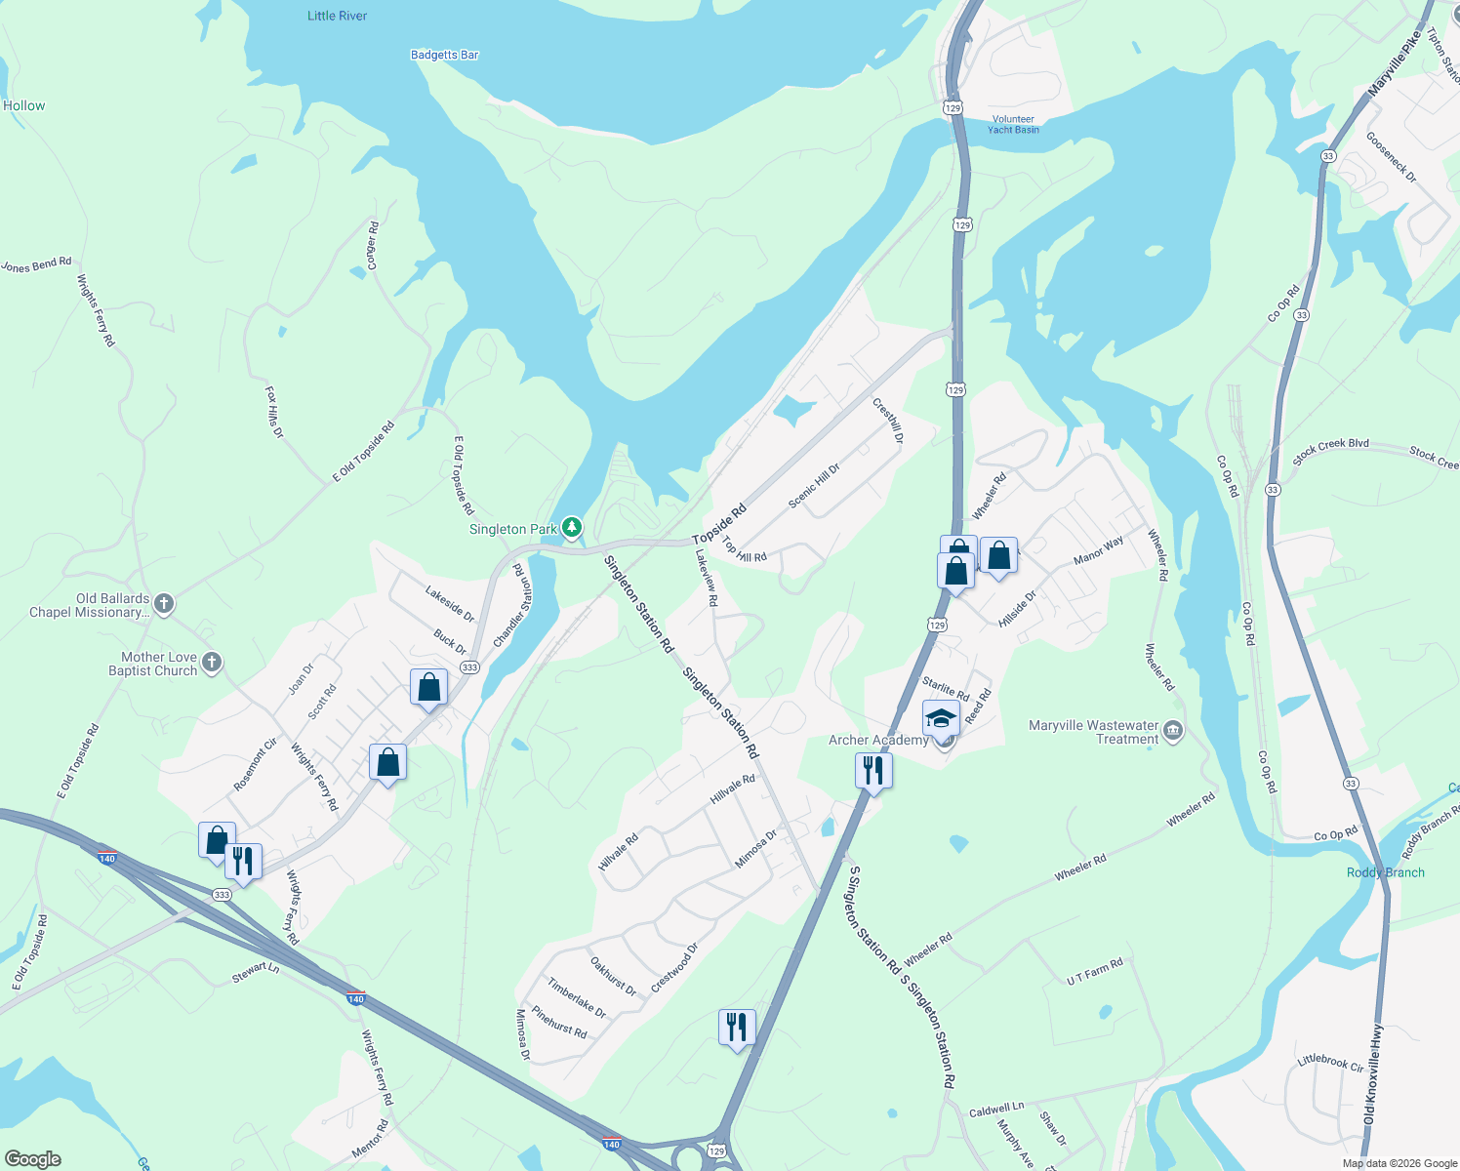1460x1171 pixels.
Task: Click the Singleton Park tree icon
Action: coord(572,528)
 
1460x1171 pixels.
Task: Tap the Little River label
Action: coord(337,16)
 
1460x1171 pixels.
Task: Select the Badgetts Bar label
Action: coord(444,55)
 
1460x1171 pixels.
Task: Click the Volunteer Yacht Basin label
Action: coord(1013,124)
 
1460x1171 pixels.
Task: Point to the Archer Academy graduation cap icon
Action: coord(940,719)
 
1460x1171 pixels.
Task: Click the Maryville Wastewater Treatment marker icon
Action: coord(1173,731)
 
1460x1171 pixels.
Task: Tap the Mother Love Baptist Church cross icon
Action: coord(211,664)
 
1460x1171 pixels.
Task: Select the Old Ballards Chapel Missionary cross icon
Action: coord(164,604)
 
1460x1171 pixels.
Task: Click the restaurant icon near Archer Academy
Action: coord(873,771)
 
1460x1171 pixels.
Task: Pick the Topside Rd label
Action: coord(719,524)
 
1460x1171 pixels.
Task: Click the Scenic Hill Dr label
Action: coord(814,485)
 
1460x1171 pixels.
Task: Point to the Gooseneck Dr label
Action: coord(1391,156)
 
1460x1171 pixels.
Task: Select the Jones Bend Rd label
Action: coord(36,264)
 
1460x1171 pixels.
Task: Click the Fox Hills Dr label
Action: coord(273,412)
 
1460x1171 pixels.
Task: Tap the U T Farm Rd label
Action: coord(1094,971)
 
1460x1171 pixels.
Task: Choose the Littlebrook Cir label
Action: coord(1330,1062)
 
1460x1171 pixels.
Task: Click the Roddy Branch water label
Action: coord(1385,872)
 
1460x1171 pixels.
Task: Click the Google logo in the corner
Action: coord(32,1159)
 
